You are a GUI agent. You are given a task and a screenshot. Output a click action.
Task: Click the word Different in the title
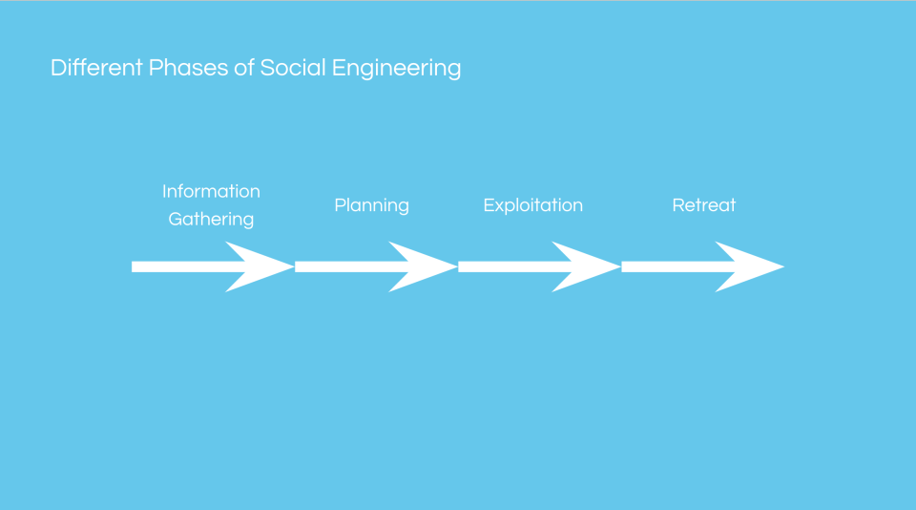(96, 69)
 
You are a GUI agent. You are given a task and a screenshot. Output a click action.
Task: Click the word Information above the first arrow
(211, 191)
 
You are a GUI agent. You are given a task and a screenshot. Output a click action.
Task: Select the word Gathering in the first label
(211, 220)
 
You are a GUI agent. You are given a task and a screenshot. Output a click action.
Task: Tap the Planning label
(371, 205)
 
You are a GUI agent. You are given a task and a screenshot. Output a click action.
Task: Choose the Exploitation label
(532, 205)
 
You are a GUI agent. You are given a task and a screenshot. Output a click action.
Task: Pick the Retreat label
(704, 205)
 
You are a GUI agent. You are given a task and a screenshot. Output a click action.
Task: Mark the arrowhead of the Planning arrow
(424, 266)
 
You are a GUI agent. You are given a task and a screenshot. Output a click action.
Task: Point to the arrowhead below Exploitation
(587, 266)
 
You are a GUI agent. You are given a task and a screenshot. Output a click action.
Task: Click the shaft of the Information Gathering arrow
(181, 266)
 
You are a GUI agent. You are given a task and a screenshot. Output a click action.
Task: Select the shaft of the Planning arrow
(343, 266)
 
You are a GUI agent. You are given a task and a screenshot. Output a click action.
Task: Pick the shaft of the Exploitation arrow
(507, 266)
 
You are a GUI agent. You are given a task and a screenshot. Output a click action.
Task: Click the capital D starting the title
(57, 69)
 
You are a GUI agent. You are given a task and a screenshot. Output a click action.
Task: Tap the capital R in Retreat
(677, 205)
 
